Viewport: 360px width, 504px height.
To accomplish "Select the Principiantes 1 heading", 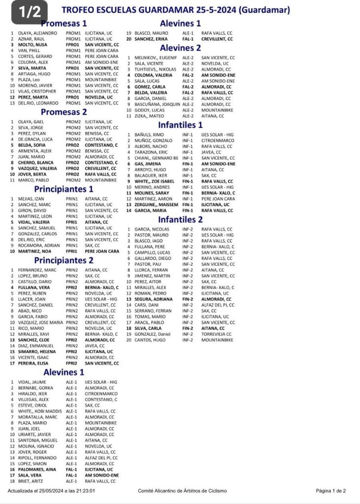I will point(64,189).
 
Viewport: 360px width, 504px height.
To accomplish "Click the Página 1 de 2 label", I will point(331,491).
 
